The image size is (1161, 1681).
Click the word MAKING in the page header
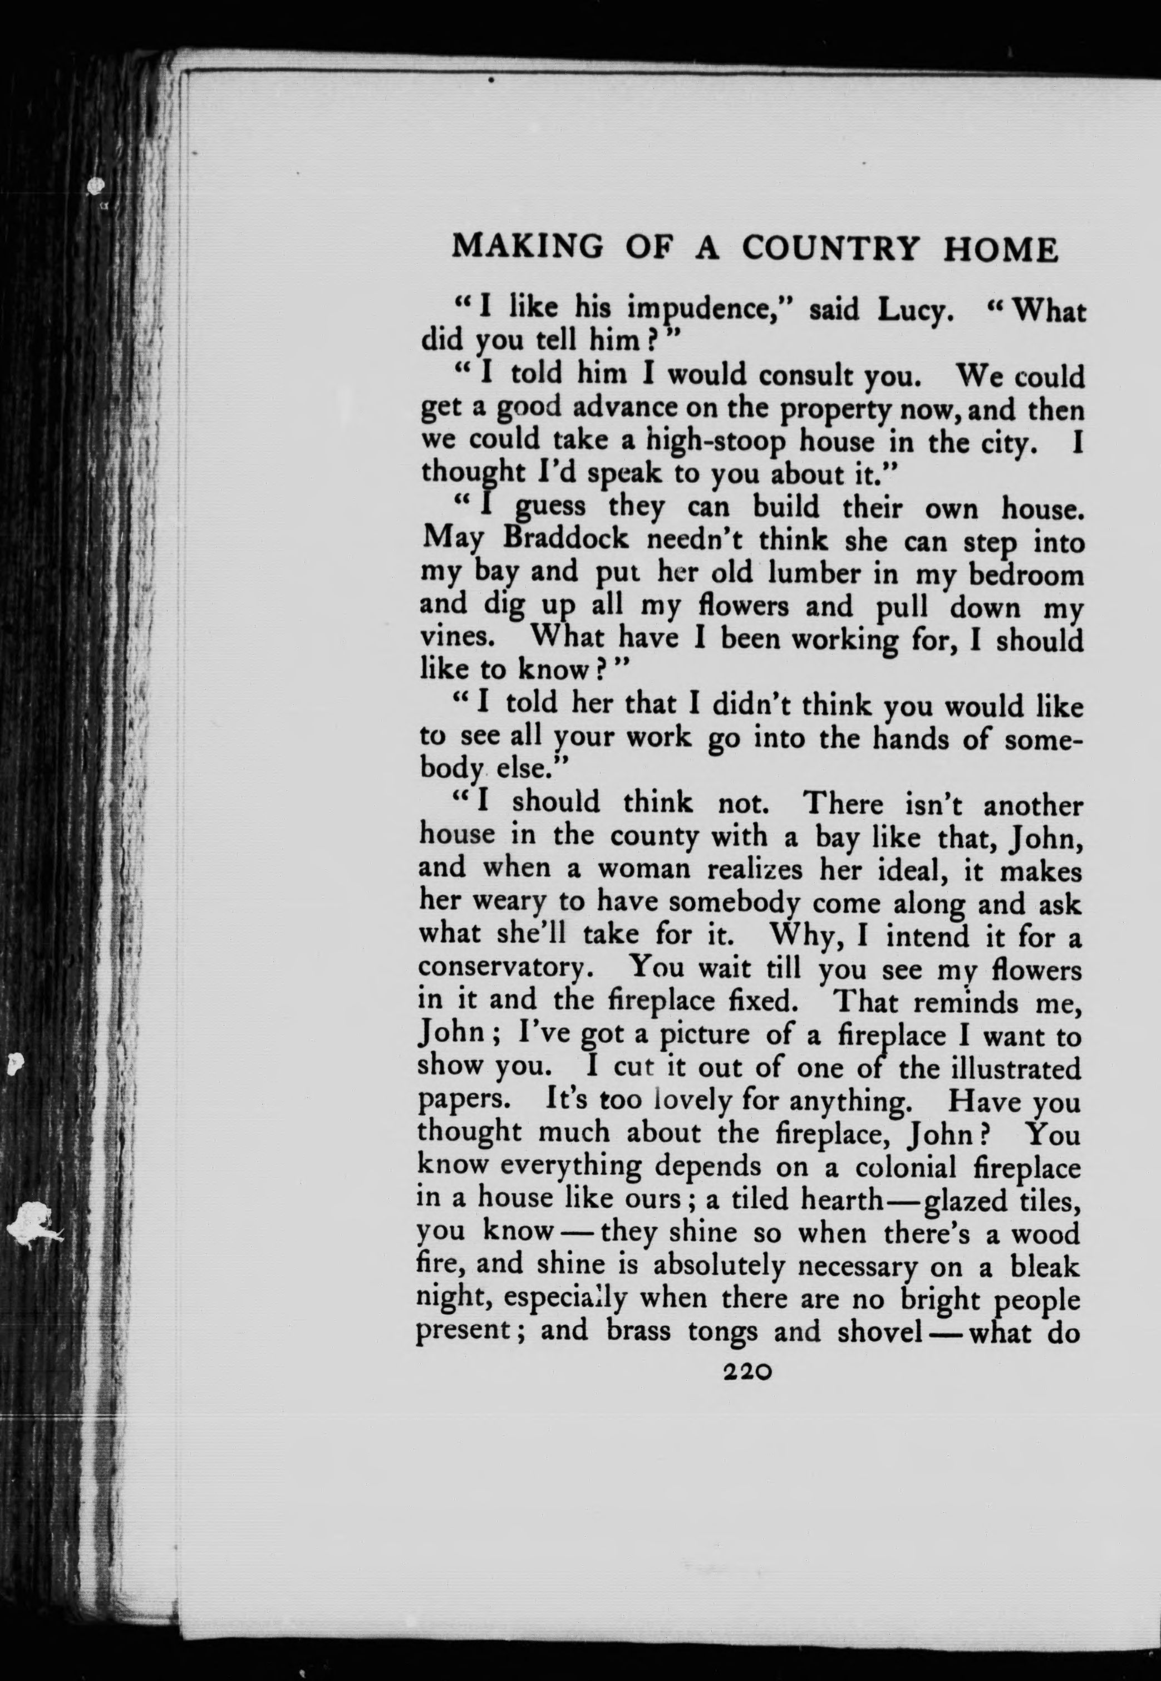528,248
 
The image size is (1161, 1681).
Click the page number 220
747,1372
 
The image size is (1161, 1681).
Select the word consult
806,376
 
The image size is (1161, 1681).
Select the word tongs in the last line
722,1332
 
